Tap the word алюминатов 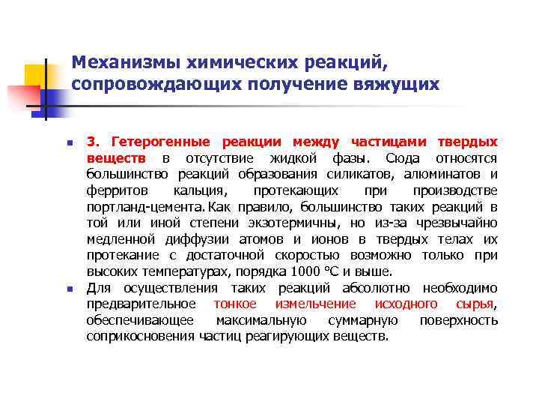(x=448, y=174)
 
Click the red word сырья (x=475, y=304)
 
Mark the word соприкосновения (x=141, y=337)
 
